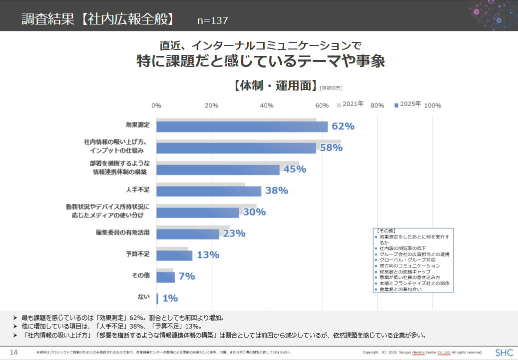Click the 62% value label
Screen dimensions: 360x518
tap(343, 126)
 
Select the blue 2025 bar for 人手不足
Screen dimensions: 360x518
tap(209, 191)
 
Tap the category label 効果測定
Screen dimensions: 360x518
tap(138, 125)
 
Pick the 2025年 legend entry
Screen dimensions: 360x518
tap(408, 104)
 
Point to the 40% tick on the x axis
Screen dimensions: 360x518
tap(267, 105)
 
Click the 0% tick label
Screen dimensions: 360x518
tap(156, 105)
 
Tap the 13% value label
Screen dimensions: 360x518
tap(208, 255)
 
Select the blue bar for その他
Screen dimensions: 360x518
tap(165, 277)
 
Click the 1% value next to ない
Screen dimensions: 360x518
tap(170, 298)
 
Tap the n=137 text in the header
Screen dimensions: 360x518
tap(212, 20)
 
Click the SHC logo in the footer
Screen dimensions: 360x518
tap(504, 352)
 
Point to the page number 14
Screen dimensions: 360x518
tap(14, 352)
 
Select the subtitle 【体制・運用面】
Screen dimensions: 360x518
tap(274, 85)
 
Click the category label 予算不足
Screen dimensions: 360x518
tap(138, 254)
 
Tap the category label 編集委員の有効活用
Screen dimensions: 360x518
tap(123, 232)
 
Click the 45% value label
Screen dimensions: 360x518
tap(294, 169)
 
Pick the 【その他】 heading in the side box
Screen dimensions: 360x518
tap(386, 230)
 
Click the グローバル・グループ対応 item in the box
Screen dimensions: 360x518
tap(407, 260)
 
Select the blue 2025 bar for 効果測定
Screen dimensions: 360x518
tap(242, 127)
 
